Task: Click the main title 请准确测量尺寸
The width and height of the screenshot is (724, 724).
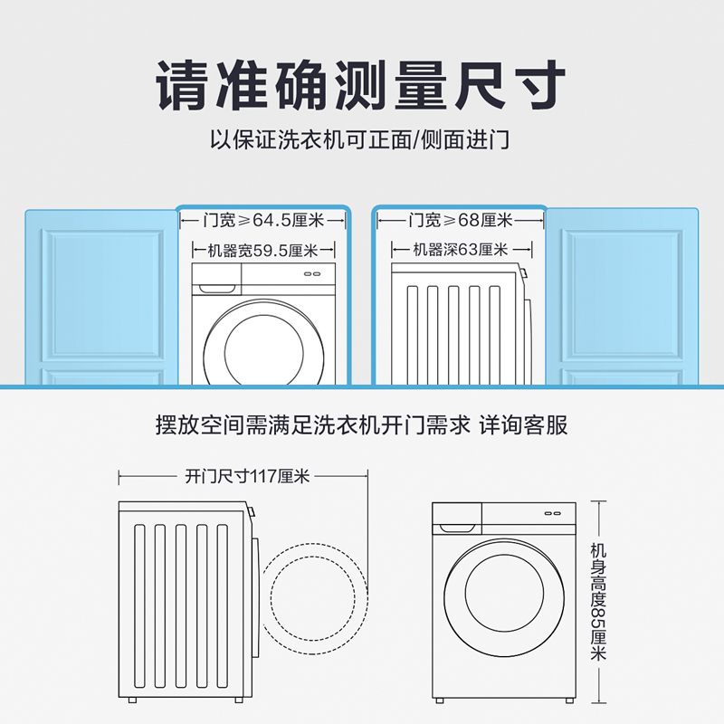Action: pos(360,85)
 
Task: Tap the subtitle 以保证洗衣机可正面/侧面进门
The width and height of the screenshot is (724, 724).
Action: pos(360,139)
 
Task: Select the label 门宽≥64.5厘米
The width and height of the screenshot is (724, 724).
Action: pos(263,220)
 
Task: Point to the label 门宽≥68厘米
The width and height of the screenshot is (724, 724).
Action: pos(461,220)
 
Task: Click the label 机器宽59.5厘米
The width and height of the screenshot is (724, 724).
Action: pos(262,251)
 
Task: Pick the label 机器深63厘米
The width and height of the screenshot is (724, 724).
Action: pos(461,250)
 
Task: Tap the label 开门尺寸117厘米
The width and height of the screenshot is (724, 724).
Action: pos(247,476)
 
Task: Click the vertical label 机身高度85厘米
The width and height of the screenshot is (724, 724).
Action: pos(598,602)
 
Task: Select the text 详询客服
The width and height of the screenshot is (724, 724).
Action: pos(524,424)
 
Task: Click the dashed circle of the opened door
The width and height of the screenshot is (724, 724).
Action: pos(368,599)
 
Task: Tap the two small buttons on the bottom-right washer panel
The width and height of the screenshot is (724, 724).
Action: pos(552,513)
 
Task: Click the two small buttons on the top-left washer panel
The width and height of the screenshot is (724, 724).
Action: pos(312,274)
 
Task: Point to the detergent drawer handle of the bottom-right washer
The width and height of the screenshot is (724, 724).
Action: pos(457,529)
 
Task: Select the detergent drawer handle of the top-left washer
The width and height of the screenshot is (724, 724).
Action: pos(217,289)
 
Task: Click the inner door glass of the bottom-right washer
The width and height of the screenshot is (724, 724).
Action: pos(504,594)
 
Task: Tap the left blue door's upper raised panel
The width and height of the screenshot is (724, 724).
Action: pos(103,296)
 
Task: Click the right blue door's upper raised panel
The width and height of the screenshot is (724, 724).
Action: pos(622,296)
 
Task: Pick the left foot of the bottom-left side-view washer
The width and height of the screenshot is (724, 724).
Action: pos(132,700)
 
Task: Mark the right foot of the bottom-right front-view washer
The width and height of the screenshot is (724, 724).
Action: pos(569,700)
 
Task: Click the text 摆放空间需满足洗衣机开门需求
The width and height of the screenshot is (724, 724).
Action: pos(313,424)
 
